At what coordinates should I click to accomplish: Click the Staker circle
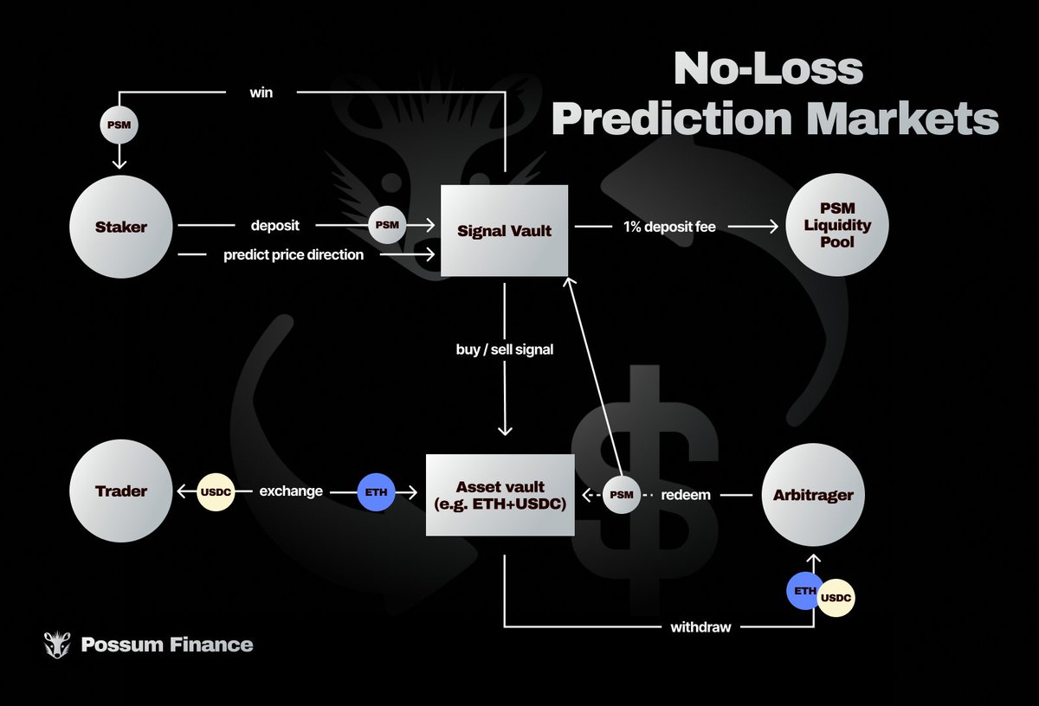point(121,227)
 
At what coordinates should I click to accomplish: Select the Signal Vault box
point(504,231)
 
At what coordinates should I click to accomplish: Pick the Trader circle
point(120,491)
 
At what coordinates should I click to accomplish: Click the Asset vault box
point(500,494)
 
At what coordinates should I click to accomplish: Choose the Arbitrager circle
point(813,496)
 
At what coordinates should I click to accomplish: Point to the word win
point(261,92)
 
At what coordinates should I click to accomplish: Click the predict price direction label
point(294,255)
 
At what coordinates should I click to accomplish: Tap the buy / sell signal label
point(503,350)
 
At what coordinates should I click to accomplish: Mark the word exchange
point(291,491)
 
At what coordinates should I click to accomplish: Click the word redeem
point(686,495)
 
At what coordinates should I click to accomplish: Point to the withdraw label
point(700,626)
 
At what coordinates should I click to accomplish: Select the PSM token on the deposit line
point(388,226)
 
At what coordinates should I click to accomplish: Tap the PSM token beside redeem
point(621,495)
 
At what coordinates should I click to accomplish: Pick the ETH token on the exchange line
point(376,491)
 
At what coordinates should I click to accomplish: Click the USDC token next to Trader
point(216,491)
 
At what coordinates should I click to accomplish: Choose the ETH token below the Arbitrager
point(805,593)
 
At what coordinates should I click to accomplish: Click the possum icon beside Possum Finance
point(57,644)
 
